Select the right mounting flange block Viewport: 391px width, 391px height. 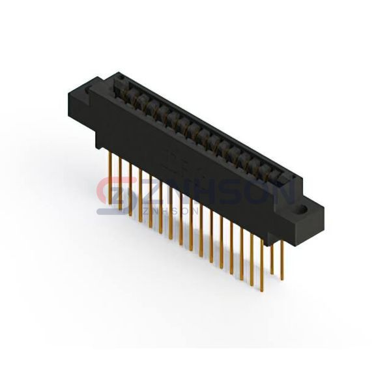309,220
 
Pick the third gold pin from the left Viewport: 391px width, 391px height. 130,189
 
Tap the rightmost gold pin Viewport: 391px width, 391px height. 282,260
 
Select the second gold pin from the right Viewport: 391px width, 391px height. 272,259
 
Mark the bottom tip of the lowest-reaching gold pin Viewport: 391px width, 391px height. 262,291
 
